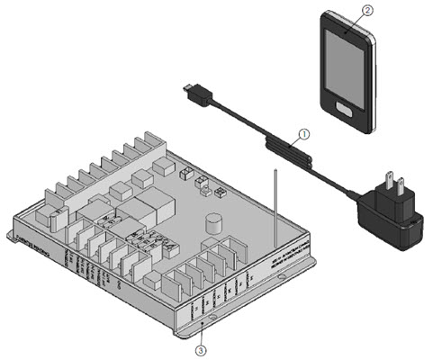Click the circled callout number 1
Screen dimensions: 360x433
coord(304,134)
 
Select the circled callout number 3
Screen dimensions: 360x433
coord(203,346)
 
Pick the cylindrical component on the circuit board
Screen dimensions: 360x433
coord(214,223)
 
